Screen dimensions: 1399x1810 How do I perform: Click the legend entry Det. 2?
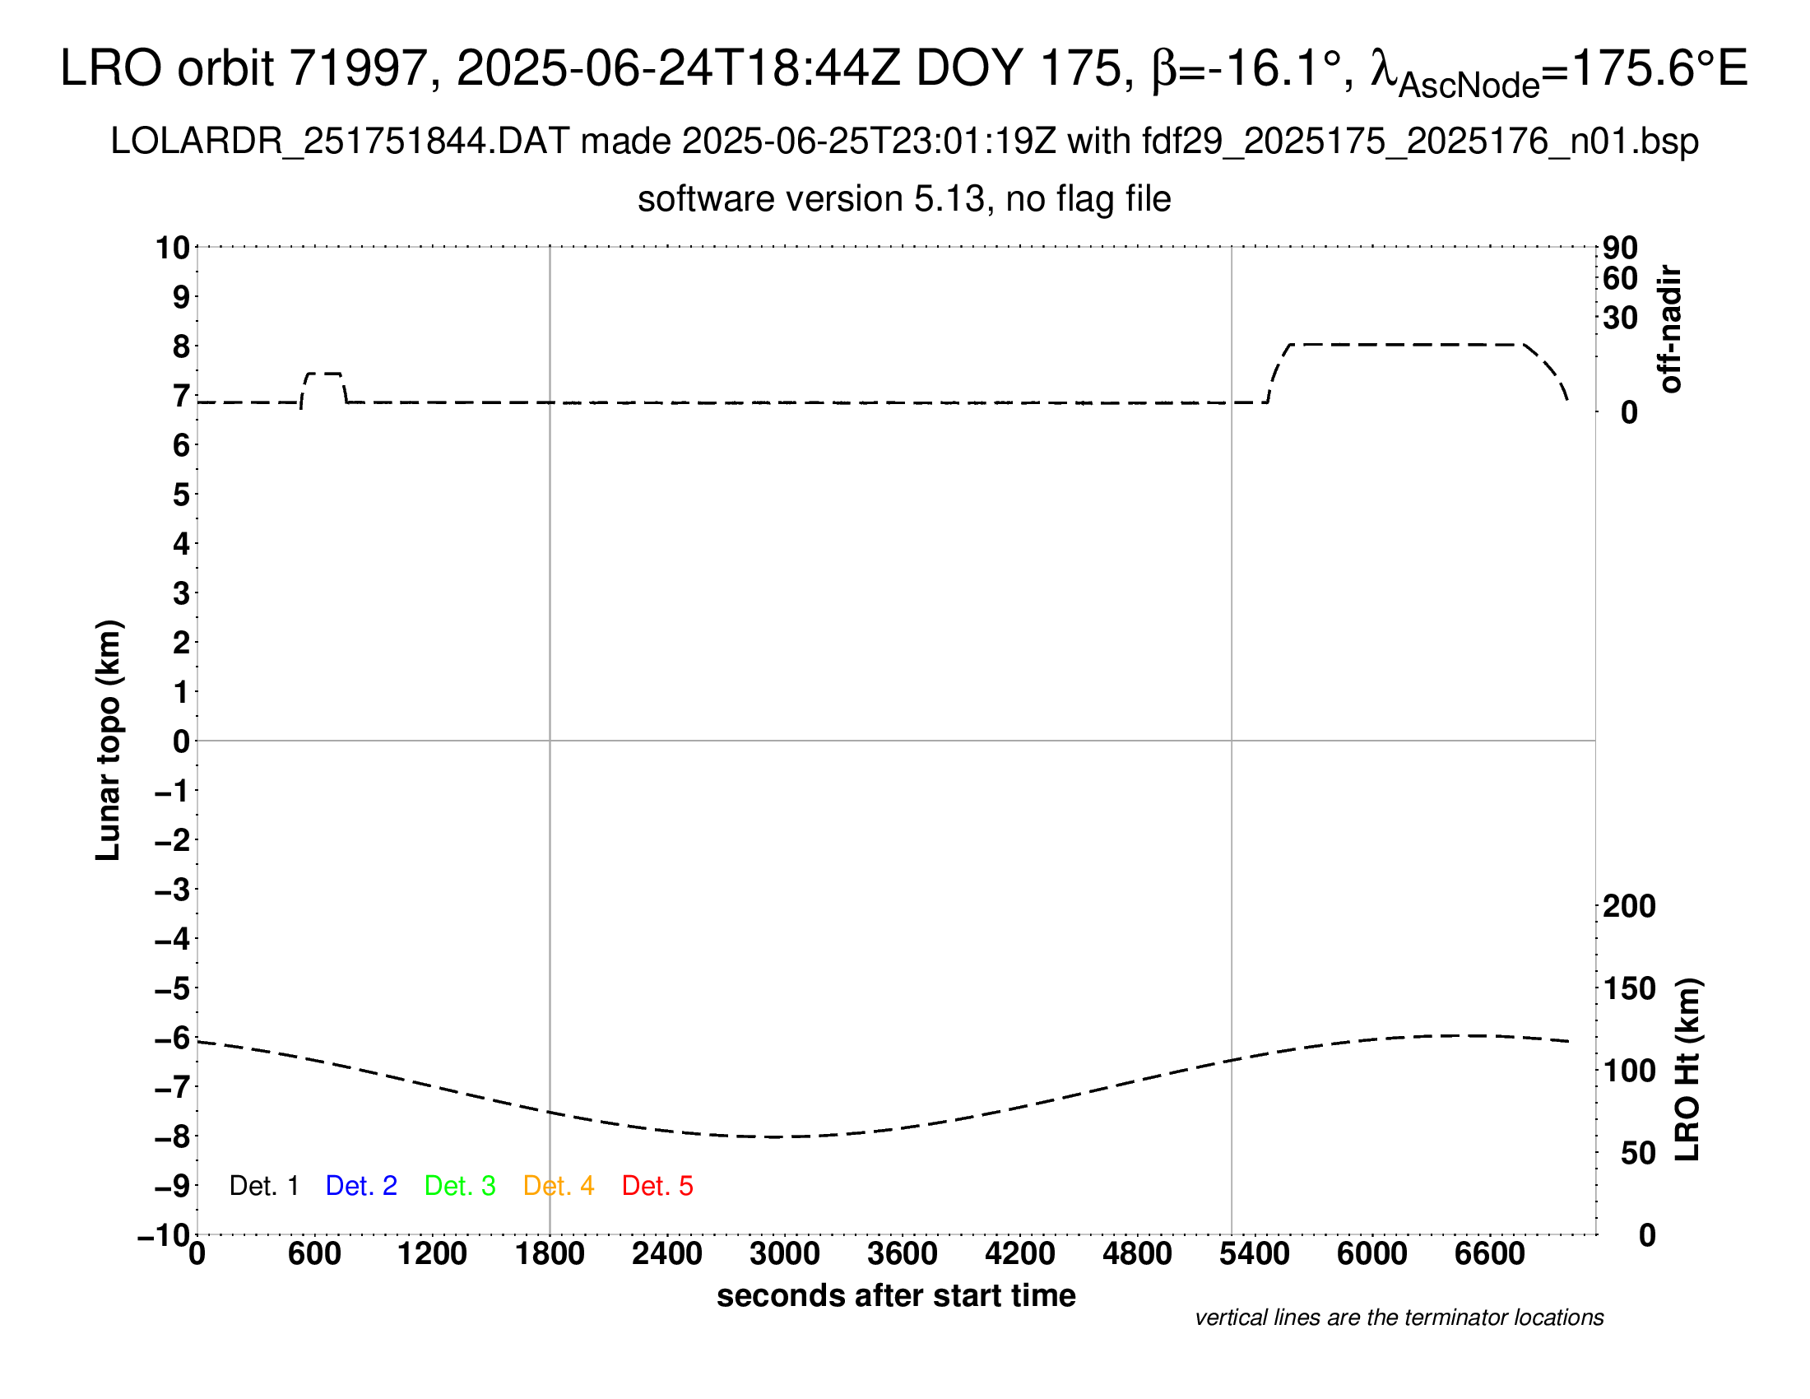[x=361, y=1186]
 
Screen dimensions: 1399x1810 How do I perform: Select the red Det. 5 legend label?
[x=657, y=1186]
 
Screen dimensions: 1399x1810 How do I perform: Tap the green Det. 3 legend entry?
[x=460, y=1186]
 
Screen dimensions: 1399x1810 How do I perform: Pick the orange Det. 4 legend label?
[x=559, y=1186]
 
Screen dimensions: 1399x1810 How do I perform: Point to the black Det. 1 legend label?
[x=263, y=1186]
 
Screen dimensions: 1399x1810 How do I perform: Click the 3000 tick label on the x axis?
[x=785, y=1254]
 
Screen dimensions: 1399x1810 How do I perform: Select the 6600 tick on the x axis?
[x=1489, y=1254]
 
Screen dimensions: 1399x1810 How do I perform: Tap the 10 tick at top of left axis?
[x=174, y=248]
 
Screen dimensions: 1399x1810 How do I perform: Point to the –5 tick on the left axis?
[x=172, y=988]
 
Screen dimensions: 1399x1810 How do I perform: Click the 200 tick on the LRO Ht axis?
[x=1628, y=907]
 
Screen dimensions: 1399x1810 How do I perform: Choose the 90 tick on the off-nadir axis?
[x=1620, y=248]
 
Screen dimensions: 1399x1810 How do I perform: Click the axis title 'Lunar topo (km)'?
[x=109, y=740]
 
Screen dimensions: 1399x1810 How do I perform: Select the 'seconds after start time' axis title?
[x=896, y=1295]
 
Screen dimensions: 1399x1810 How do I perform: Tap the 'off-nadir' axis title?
[x=1670, y=329]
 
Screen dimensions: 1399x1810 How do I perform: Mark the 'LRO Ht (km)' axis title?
[x=1687, y=1070]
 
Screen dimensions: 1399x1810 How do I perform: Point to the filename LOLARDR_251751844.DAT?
[x=340, y=142]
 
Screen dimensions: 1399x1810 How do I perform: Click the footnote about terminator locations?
[x=1399, y=1318]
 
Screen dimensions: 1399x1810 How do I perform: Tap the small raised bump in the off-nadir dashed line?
[x=323, y=374]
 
